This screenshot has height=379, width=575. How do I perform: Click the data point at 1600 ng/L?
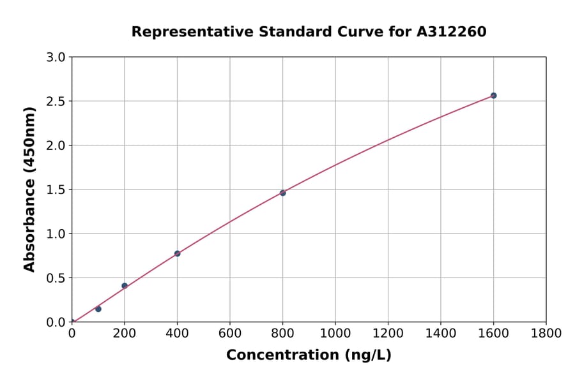coord(493,96)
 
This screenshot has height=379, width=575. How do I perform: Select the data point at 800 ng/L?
coord(282,193)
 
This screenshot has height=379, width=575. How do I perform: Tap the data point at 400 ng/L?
coord(177,253)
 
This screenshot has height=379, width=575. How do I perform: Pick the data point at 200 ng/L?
coord(125,286)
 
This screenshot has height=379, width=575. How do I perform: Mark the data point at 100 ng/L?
coord(98,309)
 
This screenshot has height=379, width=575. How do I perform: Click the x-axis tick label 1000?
coord(335,334)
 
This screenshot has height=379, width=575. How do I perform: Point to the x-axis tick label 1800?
coord(546,334)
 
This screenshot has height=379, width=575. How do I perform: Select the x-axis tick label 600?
coord(230,334)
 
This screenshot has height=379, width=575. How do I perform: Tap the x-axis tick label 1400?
coord(440,334)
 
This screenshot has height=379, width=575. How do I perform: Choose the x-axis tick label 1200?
coord(388,334)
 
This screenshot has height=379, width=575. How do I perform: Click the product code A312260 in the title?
coord(451,31)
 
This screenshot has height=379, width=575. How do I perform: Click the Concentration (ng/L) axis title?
coord(309,355)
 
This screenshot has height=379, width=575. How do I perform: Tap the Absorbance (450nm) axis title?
coord(29,189)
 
